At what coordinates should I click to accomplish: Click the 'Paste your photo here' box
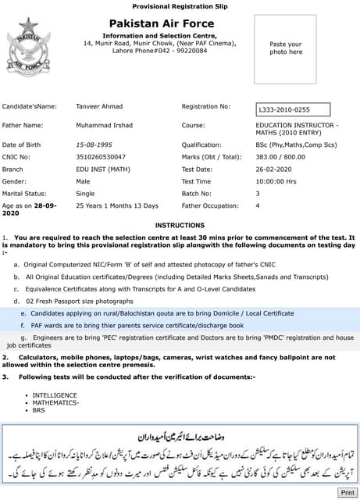(285, 48)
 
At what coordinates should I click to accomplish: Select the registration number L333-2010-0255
(284, 110)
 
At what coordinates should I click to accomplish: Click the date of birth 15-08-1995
(95, 145)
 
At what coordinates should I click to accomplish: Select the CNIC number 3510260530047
(101, 156)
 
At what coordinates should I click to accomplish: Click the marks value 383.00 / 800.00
(280, 156)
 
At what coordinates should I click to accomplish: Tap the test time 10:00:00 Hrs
(276, 181)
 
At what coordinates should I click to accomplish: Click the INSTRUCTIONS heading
(180, 225)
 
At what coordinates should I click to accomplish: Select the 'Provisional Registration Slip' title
(180, 6)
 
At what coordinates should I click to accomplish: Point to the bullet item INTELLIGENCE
(55, 395)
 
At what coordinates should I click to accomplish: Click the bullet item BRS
(39, 410)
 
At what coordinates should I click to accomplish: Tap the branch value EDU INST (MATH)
(103, 169)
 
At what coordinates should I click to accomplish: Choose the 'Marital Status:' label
(24, 193)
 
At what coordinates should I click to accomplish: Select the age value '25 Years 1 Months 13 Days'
(116, 205)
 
